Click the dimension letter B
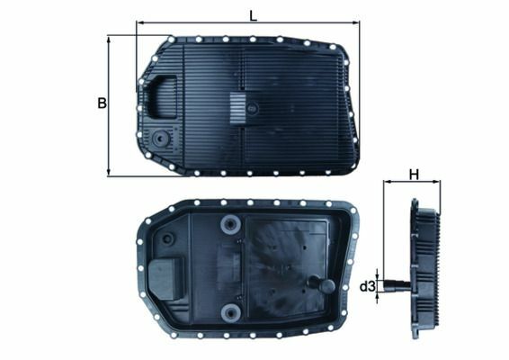102,103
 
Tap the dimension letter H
414,175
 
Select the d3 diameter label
366,287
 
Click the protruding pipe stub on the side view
396,287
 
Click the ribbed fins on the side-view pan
428,270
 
